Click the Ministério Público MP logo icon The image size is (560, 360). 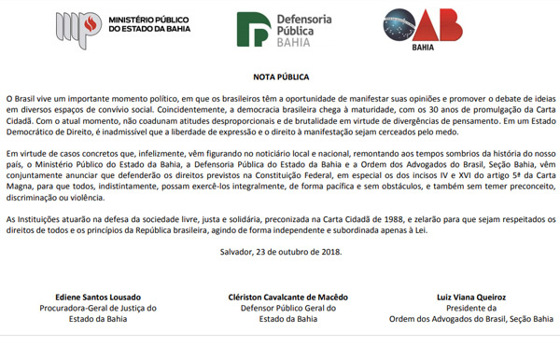76,28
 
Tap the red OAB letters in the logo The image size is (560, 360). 457,24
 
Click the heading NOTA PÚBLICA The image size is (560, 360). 280,76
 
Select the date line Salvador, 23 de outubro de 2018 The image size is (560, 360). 280,251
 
